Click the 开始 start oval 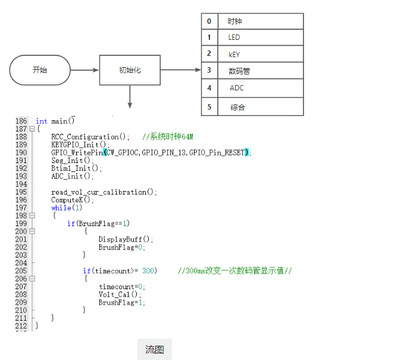point(40,70)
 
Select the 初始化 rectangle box point(130,70)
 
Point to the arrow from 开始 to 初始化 point(85,70)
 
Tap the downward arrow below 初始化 point(130,97)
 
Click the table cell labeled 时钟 point(261,21)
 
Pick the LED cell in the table point(261,37)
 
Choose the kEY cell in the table point(261,54)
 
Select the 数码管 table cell point(261,71)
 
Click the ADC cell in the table point(261,88)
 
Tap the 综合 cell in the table point(261,107)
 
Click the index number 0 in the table point(209,21)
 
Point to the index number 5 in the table point(209,107)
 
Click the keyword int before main point(42,121)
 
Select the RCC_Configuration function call point(90,137)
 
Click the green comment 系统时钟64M point(168,137)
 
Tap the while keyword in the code point(61,208)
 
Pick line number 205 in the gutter point(21,271)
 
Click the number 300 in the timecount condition point(148,271)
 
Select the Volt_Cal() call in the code point(120,294)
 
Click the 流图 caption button point(155,349)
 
